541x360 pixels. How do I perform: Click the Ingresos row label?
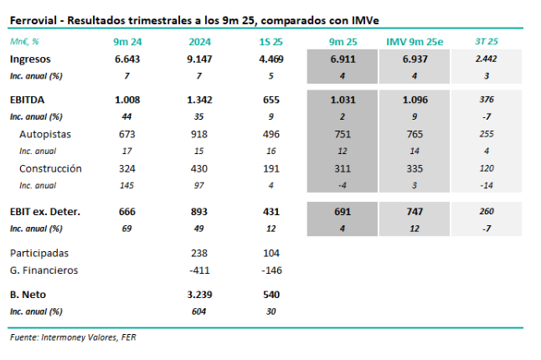[30, 59]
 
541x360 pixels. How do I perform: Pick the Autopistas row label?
[46, 134]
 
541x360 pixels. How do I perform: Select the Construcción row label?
[50, 168]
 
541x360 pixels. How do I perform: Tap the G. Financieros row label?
[44, 270]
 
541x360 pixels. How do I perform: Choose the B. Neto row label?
[26, 295]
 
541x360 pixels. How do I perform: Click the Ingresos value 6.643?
[127, 59]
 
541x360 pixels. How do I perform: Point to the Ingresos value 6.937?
[415, 59]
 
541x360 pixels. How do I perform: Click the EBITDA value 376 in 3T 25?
[487, 99]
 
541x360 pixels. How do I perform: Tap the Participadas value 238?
[199, 252]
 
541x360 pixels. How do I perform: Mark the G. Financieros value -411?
[198, 270]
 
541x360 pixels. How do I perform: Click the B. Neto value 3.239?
[199, 295]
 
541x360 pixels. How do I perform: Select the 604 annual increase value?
[199, 311]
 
